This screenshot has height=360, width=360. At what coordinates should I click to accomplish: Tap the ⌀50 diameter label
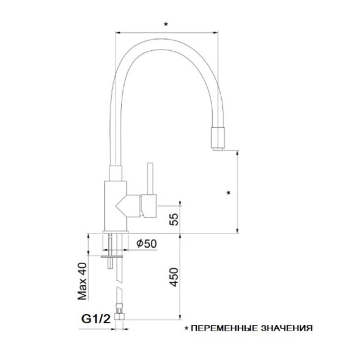point(147,243)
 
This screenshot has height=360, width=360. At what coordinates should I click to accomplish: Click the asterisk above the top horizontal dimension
point(166,24)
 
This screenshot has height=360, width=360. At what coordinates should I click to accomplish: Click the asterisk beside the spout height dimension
point(228,193)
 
